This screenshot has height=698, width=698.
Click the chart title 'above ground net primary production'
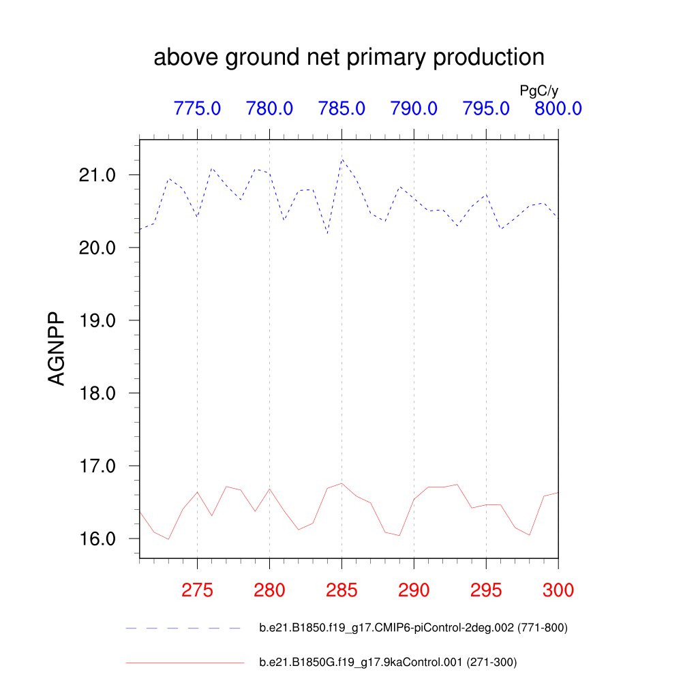click(349, 57)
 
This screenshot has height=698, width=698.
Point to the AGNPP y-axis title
click(57, 349)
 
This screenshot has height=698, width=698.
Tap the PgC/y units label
click(539, 91)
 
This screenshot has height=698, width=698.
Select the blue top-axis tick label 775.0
click(197, 108)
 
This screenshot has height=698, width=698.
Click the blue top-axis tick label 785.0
click(342, 108)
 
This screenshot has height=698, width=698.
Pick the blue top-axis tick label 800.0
click(558, 108)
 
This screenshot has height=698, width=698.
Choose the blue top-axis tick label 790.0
click(414, 108)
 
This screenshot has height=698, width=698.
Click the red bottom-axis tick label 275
click(197, 590)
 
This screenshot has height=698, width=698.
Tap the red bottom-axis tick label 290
click(414, 590)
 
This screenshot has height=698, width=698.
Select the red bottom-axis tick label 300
click(558, 590)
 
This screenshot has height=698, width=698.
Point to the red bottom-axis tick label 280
click(269, 590)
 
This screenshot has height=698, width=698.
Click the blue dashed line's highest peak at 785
click(342, 160)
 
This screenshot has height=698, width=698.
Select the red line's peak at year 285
click(342, 483)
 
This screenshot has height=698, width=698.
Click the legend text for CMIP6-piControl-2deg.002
click(413, 628)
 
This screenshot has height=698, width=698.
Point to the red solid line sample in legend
click(184, 662)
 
